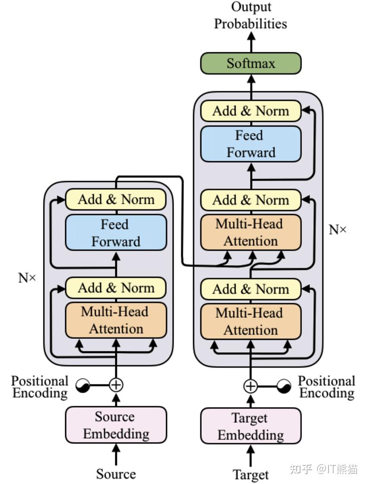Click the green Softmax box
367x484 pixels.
click(251, 63)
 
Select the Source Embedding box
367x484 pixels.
click(116, 425)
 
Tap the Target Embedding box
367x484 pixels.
click(251, 426)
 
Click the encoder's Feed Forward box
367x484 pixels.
click(116, 232)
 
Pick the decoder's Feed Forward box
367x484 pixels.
click(251, 144)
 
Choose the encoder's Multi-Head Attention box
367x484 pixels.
click(116, 320)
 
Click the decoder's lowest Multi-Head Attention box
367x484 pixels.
click(251, 322)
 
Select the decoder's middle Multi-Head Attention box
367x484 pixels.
click(251, 232)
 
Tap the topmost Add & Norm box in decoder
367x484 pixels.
click(251, 111)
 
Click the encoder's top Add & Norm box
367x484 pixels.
click(116, 199)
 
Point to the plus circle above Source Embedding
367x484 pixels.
click(116, 385)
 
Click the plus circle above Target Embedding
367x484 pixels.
click(250, 386)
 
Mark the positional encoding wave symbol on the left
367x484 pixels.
click(83, 385)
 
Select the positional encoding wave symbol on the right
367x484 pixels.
click(284, 386)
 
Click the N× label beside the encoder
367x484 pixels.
click(27, 278)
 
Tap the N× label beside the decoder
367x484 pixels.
click(338, 229)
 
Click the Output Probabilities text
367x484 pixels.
click(251, 16)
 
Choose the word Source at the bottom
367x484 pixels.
click(116, 474)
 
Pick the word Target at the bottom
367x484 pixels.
click(250, 475)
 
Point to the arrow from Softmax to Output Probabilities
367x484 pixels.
click(251, 42)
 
